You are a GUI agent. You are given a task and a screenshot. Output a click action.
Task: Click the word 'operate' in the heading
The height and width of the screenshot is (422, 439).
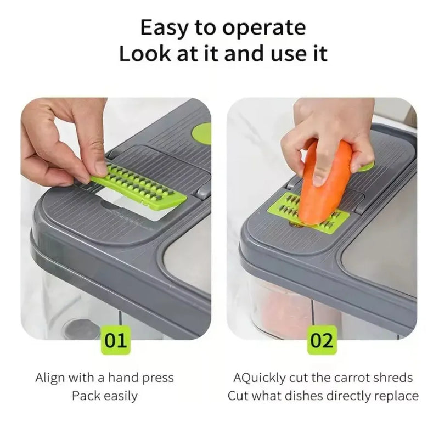tap(264, 29)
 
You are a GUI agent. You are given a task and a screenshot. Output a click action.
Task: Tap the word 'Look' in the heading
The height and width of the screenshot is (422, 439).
tap(145, 53)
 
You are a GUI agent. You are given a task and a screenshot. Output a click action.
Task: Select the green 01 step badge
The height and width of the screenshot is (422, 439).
tap(116, 341)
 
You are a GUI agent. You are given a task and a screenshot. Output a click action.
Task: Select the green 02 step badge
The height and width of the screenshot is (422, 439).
tap(322, 341)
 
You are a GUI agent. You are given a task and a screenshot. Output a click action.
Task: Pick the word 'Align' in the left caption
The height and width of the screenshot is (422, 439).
tap(50, 378)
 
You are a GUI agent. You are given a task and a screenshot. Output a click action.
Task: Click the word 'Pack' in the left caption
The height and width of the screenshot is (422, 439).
tap(87, 396)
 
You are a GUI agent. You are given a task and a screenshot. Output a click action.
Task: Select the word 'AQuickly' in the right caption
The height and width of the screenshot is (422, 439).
tap(260, 378)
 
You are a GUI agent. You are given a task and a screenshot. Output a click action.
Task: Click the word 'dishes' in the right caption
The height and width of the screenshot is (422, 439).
tap(305, 396)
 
